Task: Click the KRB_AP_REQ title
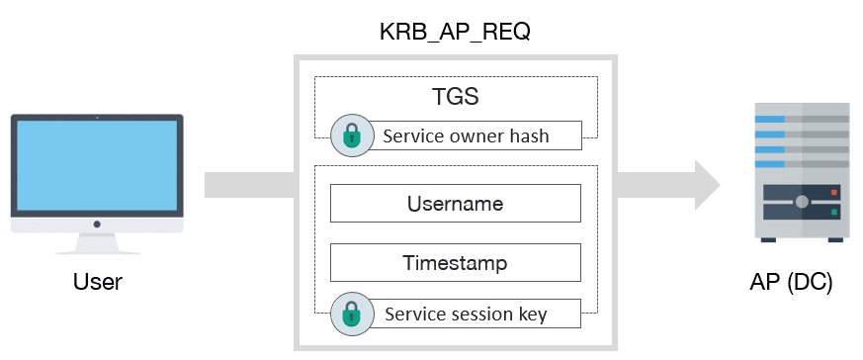(x=456, y=31)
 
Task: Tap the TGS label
(x=456, y=99)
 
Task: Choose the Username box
(x=455, y=204)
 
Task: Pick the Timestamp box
(x=455, y=263)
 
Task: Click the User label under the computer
(x=97, y=283)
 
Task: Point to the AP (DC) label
(x=792, y=283)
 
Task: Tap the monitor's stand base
(x=97, y=251)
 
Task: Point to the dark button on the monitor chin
(x=97, y=225)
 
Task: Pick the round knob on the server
(x=802, y=202)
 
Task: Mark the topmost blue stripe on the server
(x=770, y=120)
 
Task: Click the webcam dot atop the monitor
(x=97, y=118)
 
